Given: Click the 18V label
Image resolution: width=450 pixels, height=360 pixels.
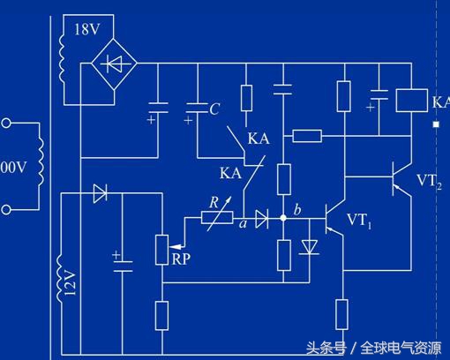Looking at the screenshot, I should tap(86, 29).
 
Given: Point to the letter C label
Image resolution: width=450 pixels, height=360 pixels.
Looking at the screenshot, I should tap(214, 109).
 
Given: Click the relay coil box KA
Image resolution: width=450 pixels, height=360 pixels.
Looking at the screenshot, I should tap(409, 100).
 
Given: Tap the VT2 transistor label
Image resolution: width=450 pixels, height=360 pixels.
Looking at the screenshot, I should tap(431, 182).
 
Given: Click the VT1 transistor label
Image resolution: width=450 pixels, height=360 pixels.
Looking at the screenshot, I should tap(360, 220).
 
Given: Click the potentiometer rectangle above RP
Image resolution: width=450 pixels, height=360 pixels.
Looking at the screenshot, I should tap(162, 250).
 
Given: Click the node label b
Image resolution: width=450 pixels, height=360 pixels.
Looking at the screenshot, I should tap(296, 209).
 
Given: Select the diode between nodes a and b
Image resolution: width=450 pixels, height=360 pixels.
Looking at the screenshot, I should tap(262, 218).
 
